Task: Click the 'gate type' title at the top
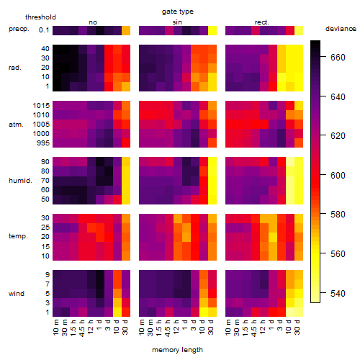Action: [x=178, y=12]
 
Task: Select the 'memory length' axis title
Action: [x=177, y=350]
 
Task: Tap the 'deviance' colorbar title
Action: [x=341, y=29]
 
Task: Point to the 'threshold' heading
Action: [x=40, y=17]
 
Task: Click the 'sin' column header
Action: [x=177, y=22]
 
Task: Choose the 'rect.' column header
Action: [x=261, y=22]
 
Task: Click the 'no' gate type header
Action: [x=93, y=22]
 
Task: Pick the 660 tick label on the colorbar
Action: [x=338, y=58]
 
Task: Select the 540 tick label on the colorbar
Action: [x=338, y=293]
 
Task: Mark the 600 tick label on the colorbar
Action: [x=338, y=176]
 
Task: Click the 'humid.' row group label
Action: [x=20, y=181]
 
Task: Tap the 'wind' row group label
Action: [x=17, y=294]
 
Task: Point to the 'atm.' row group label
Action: [x=16, y=125]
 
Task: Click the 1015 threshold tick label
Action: [x=41, y=106]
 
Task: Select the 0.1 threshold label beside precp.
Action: [x=44, y=30]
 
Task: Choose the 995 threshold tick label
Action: [x=43, y=143]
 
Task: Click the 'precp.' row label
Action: [x=19, y=29]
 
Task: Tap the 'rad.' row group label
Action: [x=15, y=68]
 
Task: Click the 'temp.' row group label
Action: [x=18, y=236]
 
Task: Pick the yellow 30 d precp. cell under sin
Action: [x=212, y=30]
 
